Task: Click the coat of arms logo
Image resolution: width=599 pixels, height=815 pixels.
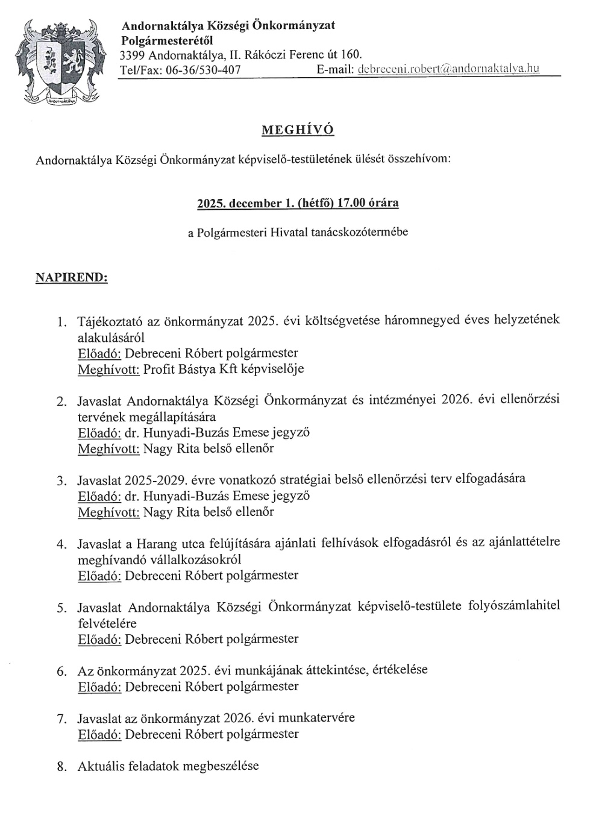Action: tap(58, 60)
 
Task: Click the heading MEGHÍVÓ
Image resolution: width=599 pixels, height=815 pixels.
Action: tap(297, 130)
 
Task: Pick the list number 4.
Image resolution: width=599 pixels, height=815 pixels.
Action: tap(61, 544)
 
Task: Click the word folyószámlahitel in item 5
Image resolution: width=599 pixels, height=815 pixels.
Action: tap(514, 606)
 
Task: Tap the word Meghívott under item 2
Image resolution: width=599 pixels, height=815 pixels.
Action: tap(108, 448)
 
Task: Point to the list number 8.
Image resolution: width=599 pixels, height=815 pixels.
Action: tap(61, 767)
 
